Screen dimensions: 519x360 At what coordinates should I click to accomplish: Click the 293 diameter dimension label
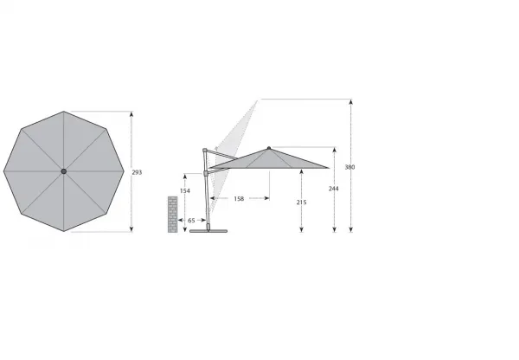click(x=137, y=172)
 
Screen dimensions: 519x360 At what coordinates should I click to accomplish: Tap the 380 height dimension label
click(x=349, y=167)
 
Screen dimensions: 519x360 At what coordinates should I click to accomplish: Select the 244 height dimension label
click(x=334, y=189)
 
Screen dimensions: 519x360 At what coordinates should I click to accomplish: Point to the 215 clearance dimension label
click(x=302, y=202)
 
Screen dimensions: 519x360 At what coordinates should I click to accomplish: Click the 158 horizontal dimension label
click(x=239, y=199)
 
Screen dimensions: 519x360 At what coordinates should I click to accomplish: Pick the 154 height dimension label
click(x=185, y=190)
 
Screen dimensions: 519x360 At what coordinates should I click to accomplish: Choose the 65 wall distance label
click(x=191, y=220)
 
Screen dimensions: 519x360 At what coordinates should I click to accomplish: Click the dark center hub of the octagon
click(x=64, y=171)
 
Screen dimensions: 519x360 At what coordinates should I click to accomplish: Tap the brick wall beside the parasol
click(x=172, y=215)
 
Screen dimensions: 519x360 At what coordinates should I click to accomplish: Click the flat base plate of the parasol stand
click(x=208, y=231)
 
